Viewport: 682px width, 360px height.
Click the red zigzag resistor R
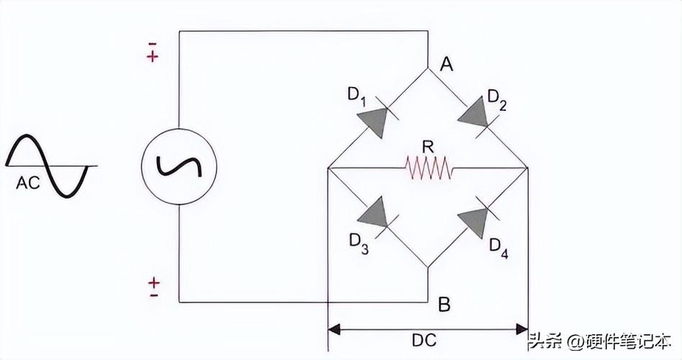click(x=429, y=168)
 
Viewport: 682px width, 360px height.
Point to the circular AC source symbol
click(x=179, y=166)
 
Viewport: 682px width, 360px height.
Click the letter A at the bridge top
click(x=447, y=65)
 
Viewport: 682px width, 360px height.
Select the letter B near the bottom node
click(x=444, y=305)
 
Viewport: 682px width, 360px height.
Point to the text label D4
click(x=499, y=246)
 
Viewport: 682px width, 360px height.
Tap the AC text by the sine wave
click(x=27, y=184)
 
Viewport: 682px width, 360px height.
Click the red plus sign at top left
click(x=153, y=57)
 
